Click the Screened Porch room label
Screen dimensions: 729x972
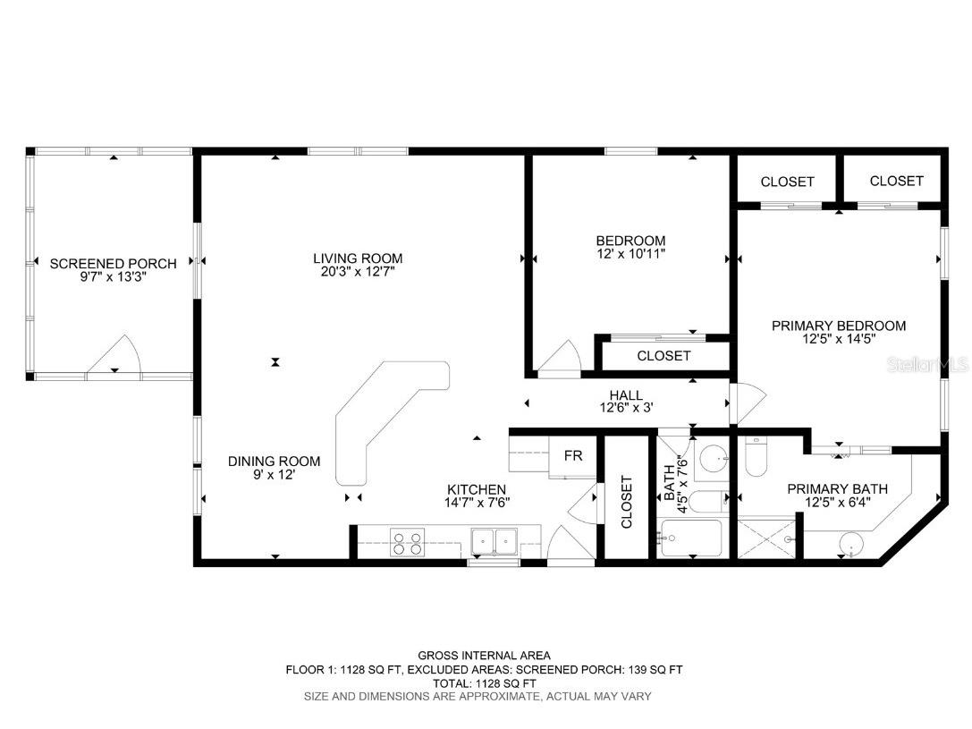pos(113,263)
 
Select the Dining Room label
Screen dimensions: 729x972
pos(274,462)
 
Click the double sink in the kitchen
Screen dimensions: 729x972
pos(494,541)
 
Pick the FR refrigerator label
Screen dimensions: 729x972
pos(573,455)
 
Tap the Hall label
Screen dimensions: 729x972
pos(625,394)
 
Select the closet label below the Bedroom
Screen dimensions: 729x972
pos(663,355)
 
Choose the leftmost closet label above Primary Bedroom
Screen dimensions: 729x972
pos(787,182)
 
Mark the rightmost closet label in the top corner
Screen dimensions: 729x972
pos(896,181)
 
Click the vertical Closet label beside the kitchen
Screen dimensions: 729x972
pos(626,502)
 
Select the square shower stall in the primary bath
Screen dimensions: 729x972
pos(767,539)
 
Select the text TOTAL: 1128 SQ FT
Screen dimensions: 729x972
pos(485,682)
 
